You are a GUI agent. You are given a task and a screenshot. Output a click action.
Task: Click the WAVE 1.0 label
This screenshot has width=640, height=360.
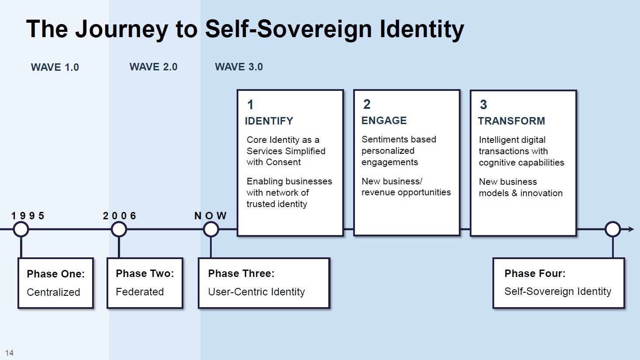coord(55,67)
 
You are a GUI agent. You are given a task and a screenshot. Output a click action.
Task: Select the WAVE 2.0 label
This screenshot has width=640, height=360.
coord(153,66)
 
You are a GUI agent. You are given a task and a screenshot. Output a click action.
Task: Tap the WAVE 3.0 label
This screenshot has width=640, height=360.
coord(239,66)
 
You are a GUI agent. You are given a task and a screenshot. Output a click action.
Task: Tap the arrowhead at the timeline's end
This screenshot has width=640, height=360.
coord(631,229)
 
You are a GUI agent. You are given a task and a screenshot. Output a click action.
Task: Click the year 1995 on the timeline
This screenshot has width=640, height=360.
coord(28,215)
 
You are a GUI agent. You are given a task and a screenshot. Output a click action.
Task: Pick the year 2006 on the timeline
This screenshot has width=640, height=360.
coord(120,215)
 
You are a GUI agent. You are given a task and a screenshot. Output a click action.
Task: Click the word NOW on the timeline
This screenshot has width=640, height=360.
coord(210,215)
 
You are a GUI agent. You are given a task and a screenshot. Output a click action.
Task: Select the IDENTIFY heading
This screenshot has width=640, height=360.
coord(269,121)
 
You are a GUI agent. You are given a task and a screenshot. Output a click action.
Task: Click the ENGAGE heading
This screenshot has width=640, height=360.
coord(384,121)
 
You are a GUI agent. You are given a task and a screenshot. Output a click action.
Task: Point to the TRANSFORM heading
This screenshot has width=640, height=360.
coord(511,121)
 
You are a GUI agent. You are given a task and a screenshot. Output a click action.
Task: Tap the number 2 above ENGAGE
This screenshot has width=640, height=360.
coord(367,104)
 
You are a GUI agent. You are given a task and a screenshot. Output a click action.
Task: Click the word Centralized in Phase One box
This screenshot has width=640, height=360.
coord(53,292)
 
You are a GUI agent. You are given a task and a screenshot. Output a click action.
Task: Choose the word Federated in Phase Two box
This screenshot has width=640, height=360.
coord(140,292)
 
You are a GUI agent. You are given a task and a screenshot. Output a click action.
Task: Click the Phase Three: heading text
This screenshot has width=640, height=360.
coord(241,273)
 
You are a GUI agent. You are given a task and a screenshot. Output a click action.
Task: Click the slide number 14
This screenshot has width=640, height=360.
coord(9,353)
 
